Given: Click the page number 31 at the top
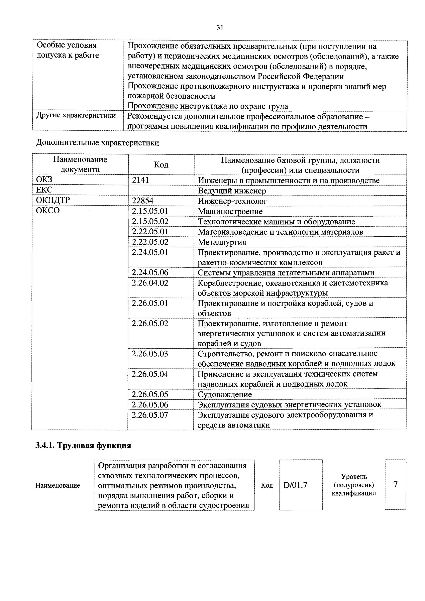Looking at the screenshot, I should (x=220, y=27).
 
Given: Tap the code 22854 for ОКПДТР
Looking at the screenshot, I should (x=142, y=201).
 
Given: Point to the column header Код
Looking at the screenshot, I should (x=161, y=165).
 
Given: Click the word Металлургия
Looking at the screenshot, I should (x=222, y=242).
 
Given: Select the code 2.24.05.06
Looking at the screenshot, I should (x=150, y=272).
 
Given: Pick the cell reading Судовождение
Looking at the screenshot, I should (x=225, y=394).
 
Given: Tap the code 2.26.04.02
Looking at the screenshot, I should (x=150, y=283).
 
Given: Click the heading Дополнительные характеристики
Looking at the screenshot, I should (x=97, y=143).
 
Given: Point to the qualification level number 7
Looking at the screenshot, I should (x=395, y=485).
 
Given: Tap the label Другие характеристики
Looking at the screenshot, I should (x=76, y=115).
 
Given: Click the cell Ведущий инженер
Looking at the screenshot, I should (x=232, y=191).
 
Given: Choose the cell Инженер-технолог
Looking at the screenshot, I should (x=232, y=201).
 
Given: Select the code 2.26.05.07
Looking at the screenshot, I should (x=150, y=415).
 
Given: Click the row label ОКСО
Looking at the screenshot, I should (x=48, y=211).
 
